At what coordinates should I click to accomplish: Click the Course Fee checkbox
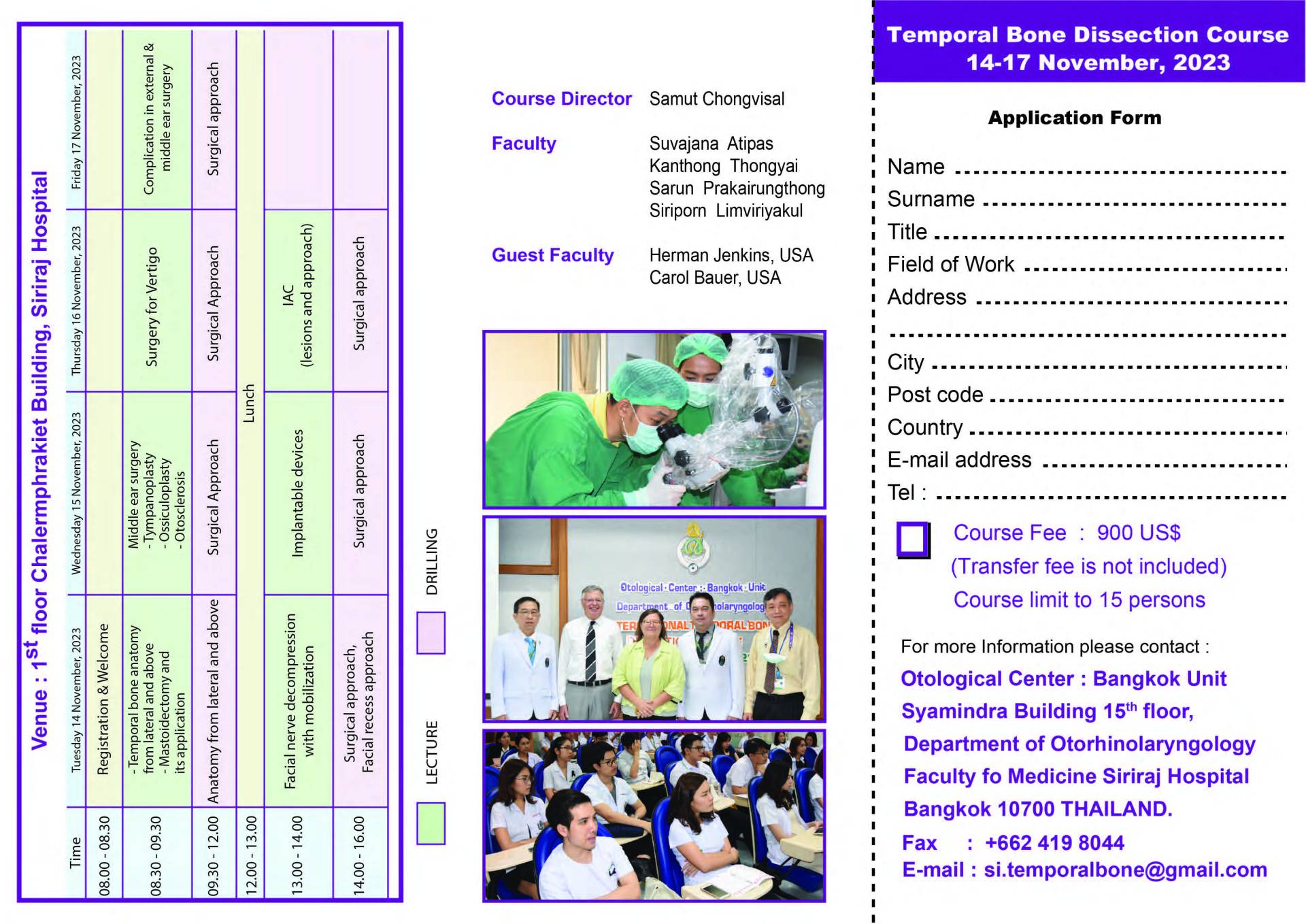[x=912, y=540]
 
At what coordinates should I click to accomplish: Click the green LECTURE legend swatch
[x=431, y=823]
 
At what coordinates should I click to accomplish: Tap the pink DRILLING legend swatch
[x=431, y=633]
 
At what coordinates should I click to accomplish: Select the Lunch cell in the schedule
[x=250, y=403]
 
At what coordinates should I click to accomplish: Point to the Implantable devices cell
[x=297, y=493]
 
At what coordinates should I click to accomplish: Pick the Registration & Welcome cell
[x=103, y=699]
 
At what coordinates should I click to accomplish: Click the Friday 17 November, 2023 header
[x=76, y=122]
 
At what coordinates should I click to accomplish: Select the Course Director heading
[x=561, y=99]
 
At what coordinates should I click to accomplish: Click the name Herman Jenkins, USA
[x=731, y=256]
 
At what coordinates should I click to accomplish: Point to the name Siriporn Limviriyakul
[x=725, y=211]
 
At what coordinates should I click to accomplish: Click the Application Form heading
[x=1074, y=118]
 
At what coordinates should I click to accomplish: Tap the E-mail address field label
[x=959, y=461]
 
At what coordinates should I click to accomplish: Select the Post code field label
[x=935, y=395]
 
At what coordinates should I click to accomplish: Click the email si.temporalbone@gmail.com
[x=1125, y=870]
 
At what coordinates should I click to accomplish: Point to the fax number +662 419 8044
[x=1054, y=843]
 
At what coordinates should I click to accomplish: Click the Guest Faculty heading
[x=552, y=256]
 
